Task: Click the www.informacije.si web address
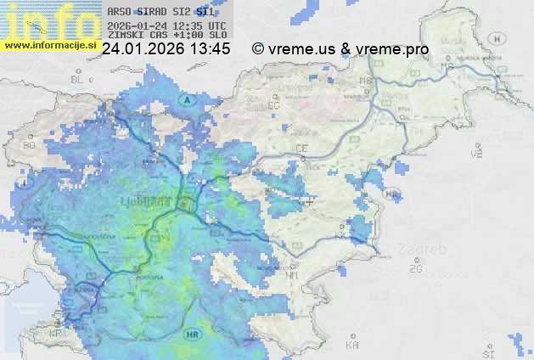coord(48,45)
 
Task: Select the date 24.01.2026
coord(143,49)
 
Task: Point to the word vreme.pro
coord(392,49)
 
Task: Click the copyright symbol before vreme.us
coord(259,49)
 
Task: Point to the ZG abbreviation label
coord(415,268)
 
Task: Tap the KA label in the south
coord(352,346)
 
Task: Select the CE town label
coord(301,149)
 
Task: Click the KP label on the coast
coord(55,334)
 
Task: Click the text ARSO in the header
coord(119,13)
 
